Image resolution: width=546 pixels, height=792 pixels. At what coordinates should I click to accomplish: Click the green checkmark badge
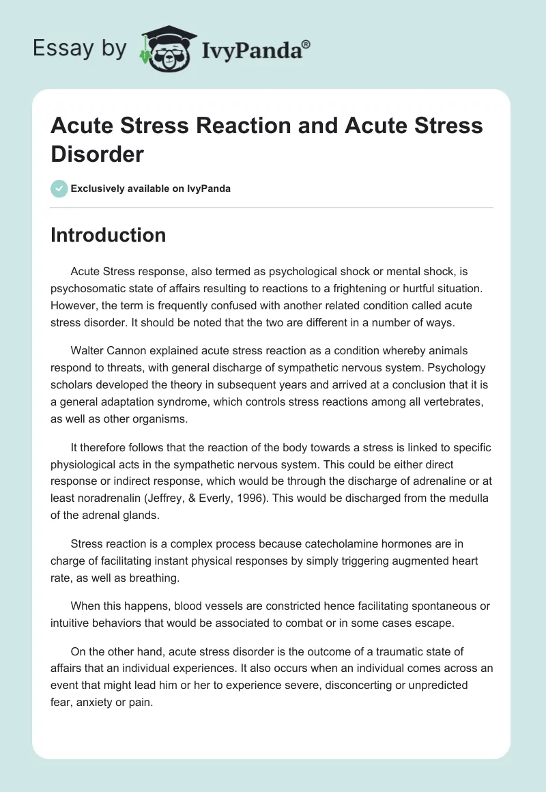59,188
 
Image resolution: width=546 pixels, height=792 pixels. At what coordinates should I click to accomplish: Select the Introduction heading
109,235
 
